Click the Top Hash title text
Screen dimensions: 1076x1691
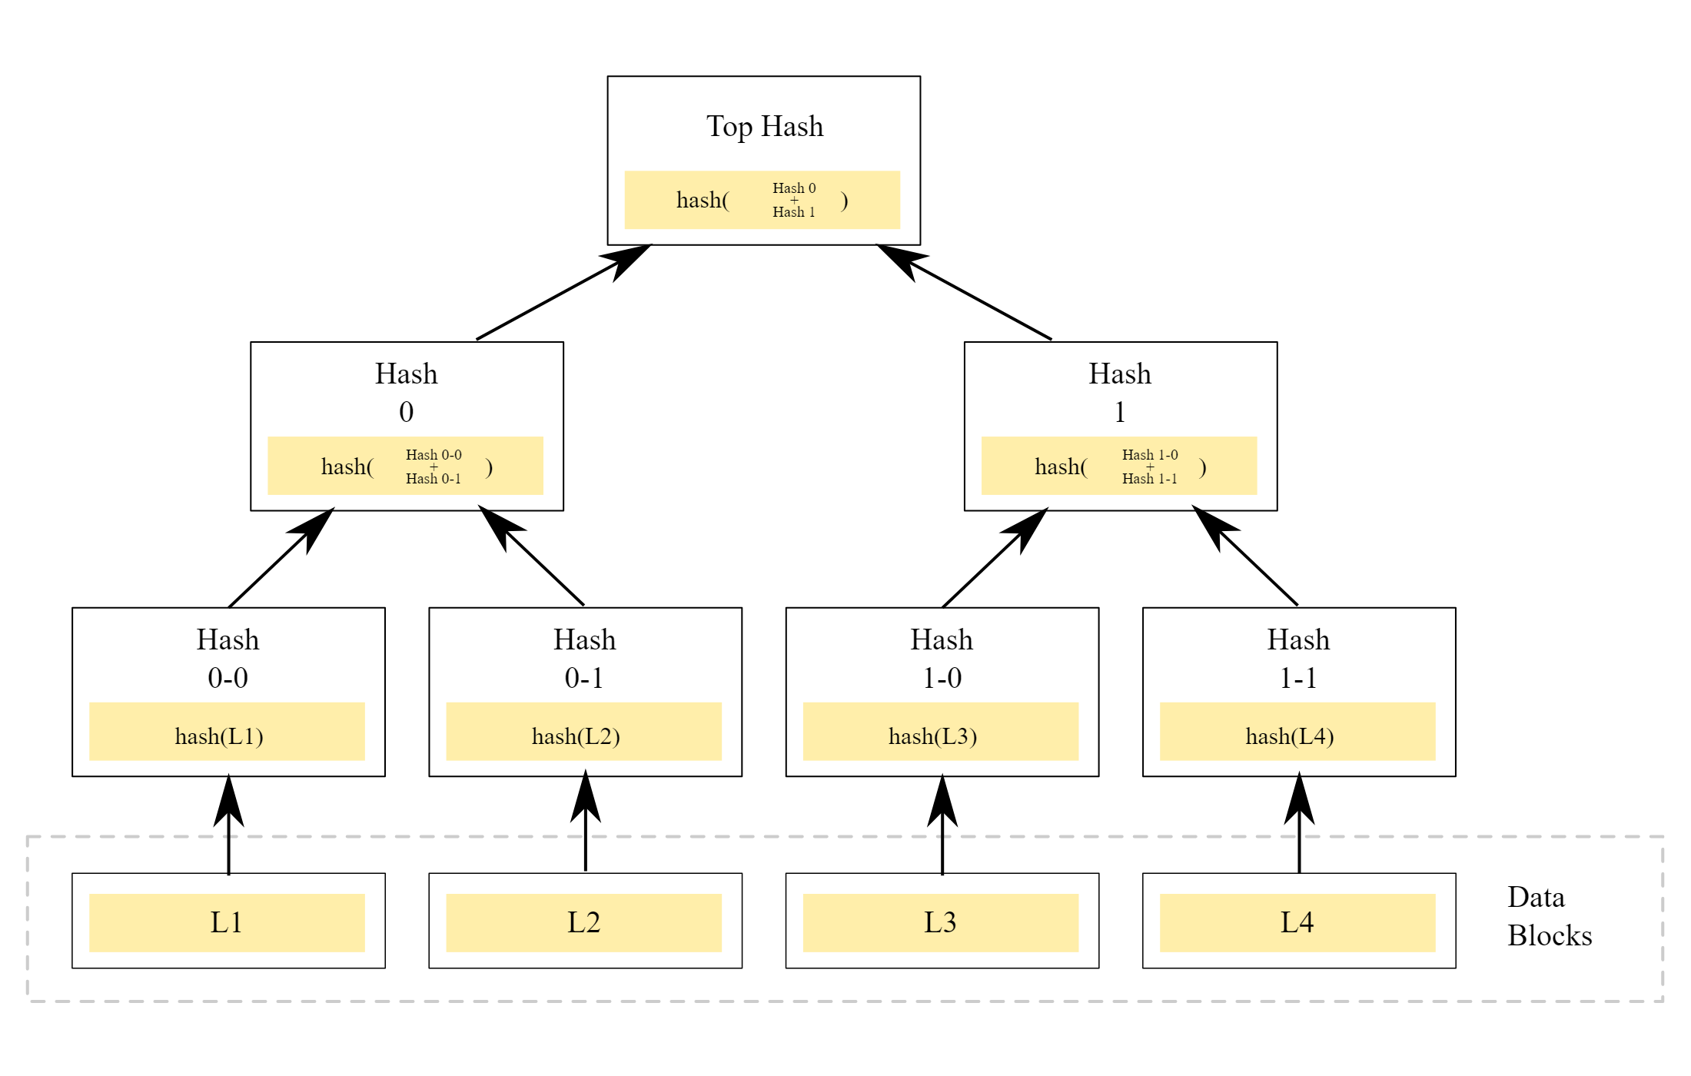click(x=764, y=126)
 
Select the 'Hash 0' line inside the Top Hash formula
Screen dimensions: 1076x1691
click(x=794, y=188)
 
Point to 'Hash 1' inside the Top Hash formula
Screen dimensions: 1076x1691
click(x=794, y=212)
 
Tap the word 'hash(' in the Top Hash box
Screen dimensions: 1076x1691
click(x=702, y=201)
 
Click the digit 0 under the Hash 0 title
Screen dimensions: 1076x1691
click(x=406, y=413)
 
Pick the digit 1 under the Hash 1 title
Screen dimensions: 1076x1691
click(x=1120, y=413)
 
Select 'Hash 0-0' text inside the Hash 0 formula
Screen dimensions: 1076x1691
click(x=434, y=455)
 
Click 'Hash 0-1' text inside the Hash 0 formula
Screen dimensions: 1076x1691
click(x=434, y=479)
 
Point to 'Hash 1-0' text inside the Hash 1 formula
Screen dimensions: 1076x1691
click(x=1149, y=455)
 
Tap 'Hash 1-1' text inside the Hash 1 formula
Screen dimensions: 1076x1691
click(x=1149, y=479)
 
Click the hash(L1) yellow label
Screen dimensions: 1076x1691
click(x=219, y=736)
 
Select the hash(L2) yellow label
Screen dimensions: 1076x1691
click(x=576, y=736)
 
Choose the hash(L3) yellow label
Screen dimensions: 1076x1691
click(x=932, y=736)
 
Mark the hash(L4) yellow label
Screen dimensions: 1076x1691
click(x=1289, y=736)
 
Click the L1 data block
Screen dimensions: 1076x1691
click(x=227, y=922)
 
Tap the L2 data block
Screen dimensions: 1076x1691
click(x=583, y=922)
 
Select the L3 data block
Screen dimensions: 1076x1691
click(x=940, y=922)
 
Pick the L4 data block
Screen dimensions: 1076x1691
click(x=1297, y=922)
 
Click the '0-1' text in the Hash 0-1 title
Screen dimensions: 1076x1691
click(x=584, y=678)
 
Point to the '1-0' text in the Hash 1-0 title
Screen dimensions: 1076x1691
click(x=942, y=678)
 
